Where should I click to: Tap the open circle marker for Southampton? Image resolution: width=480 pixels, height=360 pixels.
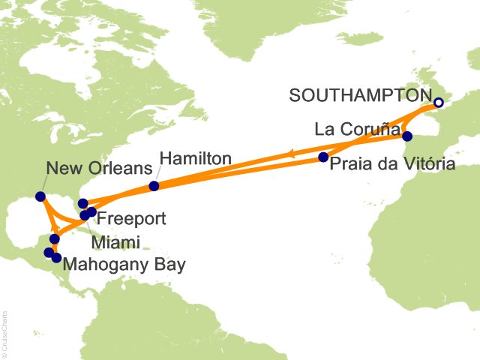pos(439,103)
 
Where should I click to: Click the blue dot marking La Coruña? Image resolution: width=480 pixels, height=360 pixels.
pos(407,136)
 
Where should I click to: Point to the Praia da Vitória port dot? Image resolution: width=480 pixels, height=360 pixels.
pos(323,157)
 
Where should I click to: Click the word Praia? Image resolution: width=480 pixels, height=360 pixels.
pos(352,164)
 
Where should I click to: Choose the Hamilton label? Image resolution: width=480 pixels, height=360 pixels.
pos(194,159)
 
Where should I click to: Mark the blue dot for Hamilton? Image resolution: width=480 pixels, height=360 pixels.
pos(154,186)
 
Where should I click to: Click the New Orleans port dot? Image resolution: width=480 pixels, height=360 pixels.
pos(40,197)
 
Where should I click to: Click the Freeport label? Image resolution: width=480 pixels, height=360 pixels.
pos(131,220)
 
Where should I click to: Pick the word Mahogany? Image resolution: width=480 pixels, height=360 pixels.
pos(106,264)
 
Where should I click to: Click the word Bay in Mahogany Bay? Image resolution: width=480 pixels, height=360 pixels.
pos(169,264)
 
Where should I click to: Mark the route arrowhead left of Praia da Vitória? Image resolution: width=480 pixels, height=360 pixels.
pos(288,155)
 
